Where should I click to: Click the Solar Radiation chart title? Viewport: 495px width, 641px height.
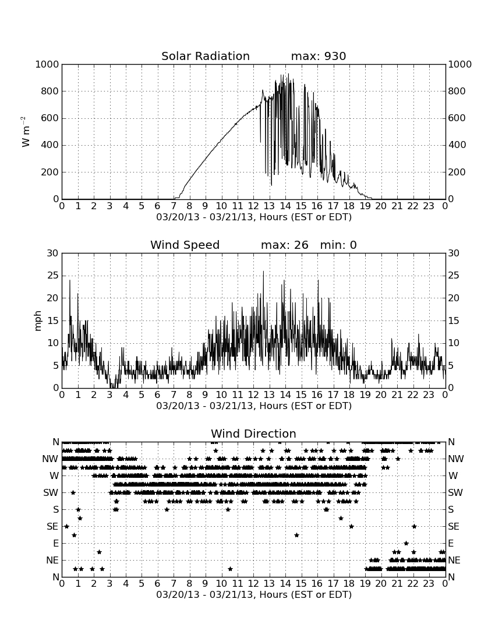coord(206,56)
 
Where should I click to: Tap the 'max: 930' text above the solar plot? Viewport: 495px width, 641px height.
coord(319,56)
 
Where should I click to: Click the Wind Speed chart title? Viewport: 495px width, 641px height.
coord(185,245)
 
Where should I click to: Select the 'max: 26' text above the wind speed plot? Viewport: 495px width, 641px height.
coord(285,245)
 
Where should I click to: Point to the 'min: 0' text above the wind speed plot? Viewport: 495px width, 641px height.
coord(338,245)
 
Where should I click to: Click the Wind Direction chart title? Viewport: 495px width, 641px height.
coord(253,434)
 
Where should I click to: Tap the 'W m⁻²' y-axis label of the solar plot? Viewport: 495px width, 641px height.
coord(25,132)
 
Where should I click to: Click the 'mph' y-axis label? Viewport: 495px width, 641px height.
coord(38,321)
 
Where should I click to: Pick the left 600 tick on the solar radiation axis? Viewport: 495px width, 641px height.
coord(50,118)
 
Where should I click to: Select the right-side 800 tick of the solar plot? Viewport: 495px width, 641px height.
coord(457,91)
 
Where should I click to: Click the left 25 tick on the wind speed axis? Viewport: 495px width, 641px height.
coord(53,276)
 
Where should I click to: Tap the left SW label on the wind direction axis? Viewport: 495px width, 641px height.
coord(51,492)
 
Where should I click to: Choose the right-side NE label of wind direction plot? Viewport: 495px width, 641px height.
coord(454,560)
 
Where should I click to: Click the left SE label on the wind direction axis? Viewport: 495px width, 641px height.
coord(52,527)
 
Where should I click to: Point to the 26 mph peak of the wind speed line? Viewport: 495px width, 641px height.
coord(263,271)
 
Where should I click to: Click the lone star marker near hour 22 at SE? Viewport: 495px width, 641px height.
coord(414,527)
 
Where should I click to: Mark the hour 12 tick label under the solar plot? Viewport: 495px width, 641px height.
coord(253,206)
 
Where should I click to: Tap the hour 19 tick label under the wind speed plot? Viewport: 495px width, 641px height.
coord(365,395)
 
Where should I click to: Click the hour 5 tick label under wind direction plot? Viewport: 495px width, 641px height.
coord(142,584)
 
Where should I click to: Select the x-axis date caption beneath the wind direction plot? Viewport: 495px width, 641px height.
coord(254,594)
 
